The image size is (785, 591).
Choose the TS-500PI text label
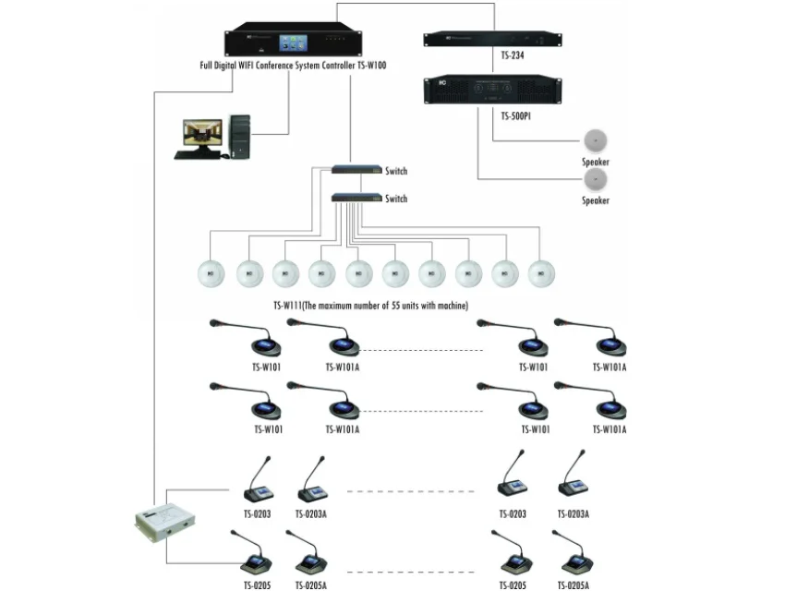pyautogui.click(x=518, y=117)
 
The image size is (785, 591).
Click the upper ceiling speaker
pyautogui.click(x=596, y=141)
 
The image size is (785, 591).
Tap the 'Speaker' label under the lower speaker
pyautogui.click(x=596, y=200)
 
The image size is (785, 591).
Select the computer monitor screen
pyautogui.click(x=202, y=133)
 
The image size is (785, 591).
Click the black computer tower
pyautogui.click(x=240, y=137)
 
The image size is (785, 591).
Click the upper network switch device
pyautogui.click(x=356, y=170)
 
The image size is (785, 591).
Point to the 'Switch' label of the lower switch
pyautogui.click(x=396, y=199)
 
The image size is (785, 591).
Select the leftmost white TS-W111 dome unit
pyautogui.click(x=211, y=273)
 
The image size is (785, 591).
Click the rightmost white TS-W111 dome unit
pyautogui.click(x=541, y=273)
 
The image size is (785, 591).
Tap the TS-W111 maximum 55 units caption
pyautogui.click(x=370, y=306)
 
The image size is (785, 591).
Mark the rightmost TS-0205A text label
pyautogui.click(x=574, y=585)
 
